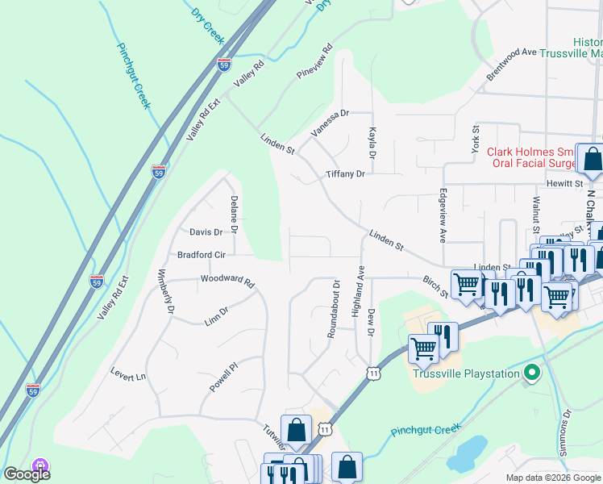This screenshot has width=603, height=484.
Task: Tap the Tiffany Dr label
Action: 345,174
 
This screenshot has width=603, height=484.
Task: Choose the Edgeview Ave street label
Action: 443,216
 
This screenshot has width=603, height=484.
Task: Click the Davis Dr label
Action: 206,232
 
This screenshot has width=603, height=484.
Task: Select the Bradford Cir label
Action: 201,254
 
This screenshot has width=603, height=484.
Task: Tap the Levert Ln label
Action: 129,375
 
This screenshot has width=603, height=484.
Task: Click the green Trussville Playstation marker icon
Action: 530,373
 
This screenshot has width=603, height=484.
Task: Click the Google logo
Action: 27,474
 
